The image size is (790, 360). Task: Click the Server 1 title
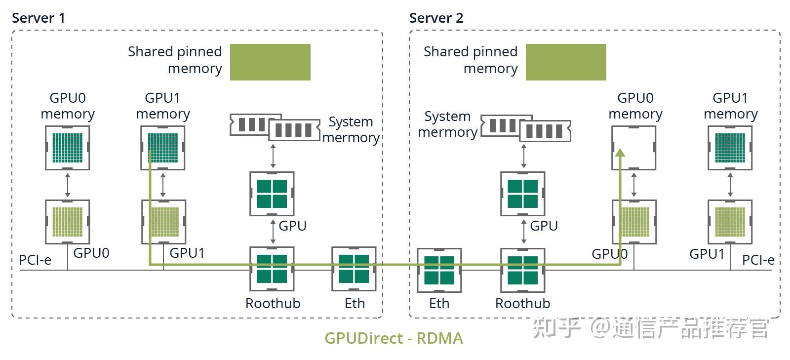click(38, 18)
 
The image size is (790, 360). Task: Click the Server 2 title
click(436, 18)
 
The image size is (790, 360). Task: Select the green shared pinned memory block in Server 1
click(270, 62)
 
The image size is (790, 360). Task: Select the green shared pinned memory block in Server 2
click(566, 62)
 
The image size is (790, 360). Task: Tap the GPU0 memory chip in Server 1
click(68, 148)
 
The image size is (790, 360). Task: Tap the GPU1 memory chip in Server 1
click(163, 148)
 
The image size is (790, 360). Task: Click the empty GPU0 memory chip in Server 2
click(634, 148)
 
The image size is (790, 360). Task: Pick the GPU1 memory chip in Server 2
click(730, 148)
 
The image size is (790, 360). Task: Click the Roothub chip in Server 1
click(272, 269)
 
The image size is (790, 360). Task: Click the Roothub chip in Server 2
click(523, 270)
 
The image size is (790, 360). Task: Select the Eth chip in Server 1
click(354, 269)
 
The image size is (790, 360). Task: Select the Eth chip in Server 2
click(439, 270)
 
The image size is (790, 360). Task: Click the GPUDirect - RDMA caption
click(394, 338)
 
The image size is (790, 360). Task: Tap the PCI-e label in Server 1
click(35, 260)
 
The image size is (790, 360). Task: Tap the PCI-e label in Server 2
click(758, 260)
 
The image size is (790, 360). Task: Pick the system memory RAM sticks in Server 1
click(275, 127)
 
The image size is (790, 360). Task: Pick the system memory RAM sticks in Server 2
click(526, 128)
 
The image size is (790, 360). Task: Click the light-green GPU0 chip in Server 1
click(68, 222)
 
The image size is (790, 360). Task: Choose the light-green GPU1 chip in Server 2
click(730, 222)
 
